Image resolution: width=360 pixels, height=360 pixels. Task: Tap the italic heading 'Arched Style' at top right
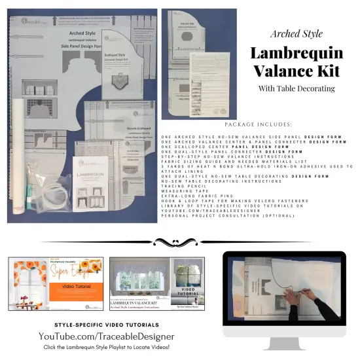tap(293, 33)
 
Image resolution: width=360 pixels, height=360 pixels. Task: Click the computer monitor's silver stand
tap(284, 343)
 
